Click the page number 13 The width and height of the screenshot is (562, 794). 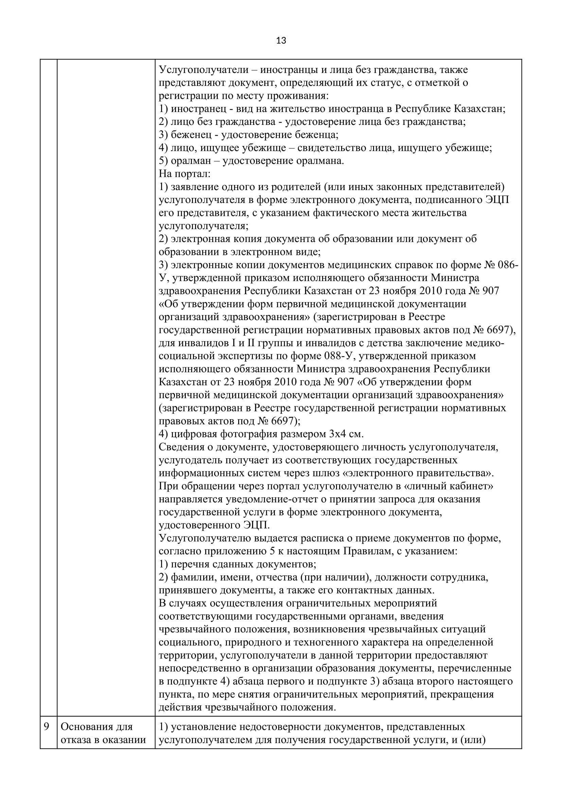tap(281, 41)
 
